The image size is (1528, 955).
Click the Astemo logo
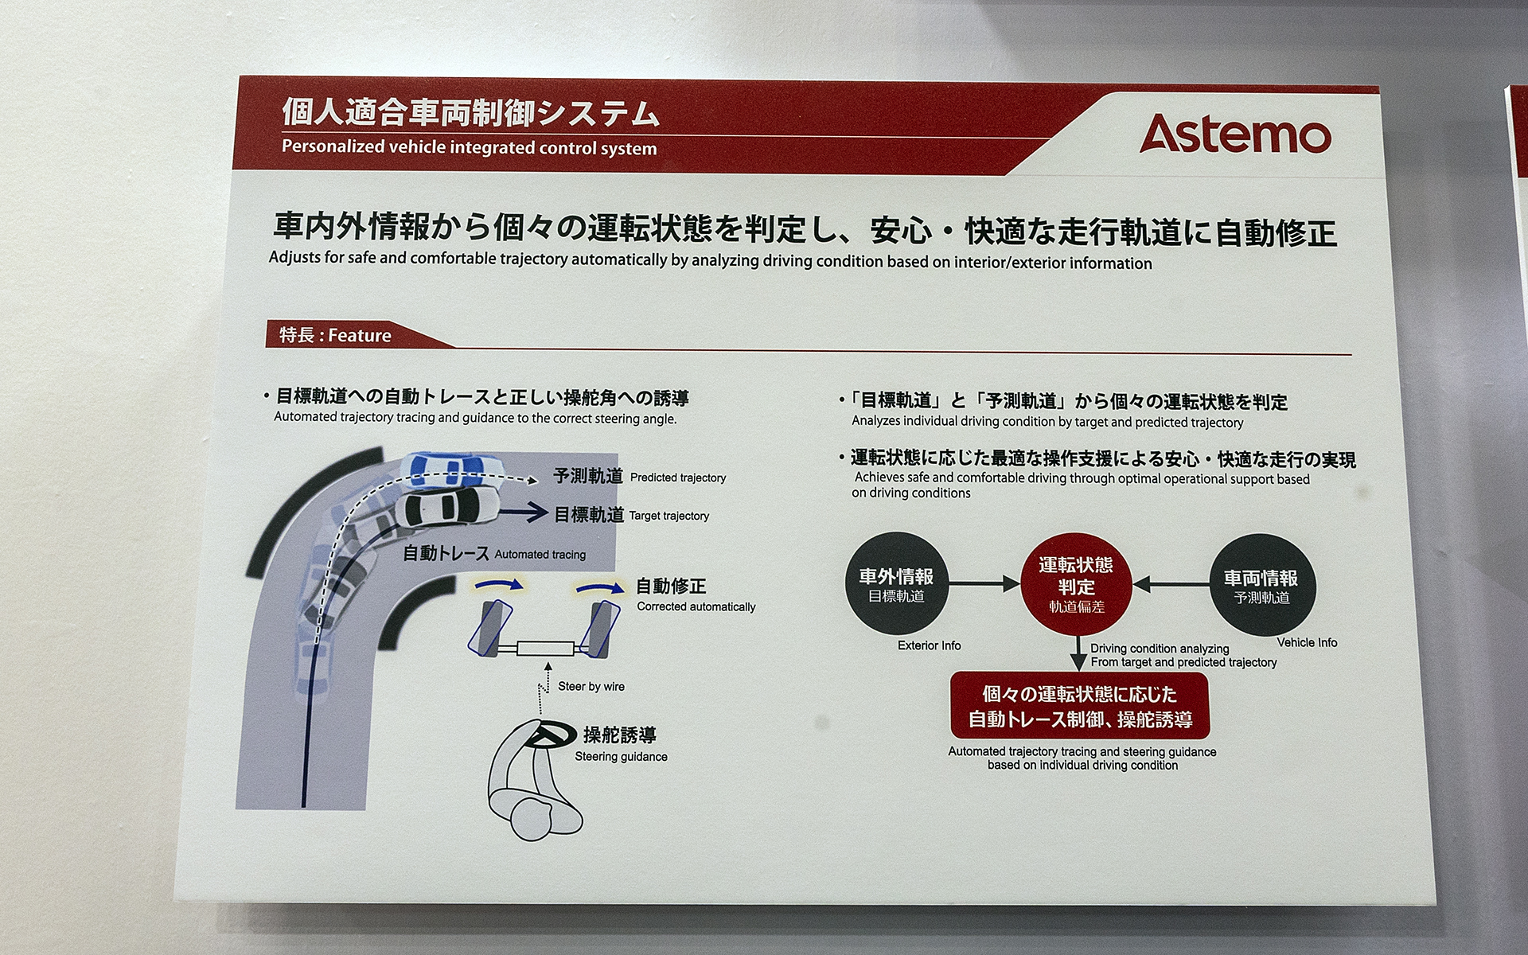(x=1235, y=134)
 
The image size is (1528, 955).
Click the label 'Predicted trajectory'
(x=678, y=477)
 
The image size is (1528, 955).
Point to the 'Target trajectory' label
(x=668, y=516)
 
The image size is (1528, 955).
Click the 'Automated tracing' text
(x=540, y=555)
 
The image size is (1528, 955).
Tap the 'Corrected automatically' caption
(x=696, y=606)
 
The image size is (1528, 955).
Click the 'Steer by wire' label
(x=591, y=686)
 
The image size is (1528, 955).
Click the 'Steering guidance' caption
(x=621, y=757)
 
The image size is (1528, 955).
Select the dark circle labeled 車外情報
(x=896, y=585)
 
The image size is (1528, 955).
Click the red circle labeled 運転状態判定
(x=1076, y=585)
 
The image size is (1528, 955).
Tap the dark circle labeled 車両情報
(x=1261, y=587)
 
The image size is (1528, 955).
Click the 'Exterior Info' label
(x=929, y=645)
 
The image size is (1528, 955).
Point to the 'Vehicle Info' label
(x=1307, y=642)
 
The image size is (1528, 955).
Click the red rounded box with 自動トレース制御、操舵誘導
(x=1080, y=706)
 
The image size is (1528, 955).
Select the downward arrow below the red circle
(x=1078, y=656)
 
